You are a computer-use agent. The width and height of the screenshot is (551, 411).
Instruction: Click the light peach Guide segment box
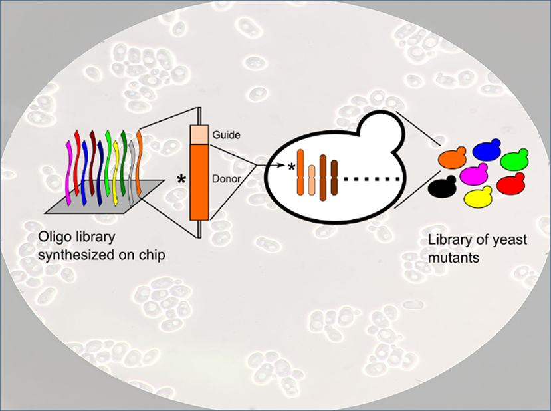[x=199, y=134]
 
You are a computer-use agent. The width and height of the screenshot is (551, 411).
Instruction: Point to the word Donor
[x=227, y=179]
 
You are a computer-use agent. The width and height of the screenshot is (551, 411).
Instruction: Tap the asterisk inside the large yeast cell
[x=292, y=167]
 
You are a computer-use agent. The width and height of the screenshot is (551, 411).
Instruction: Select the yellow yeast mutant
[x=477, y=197]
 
